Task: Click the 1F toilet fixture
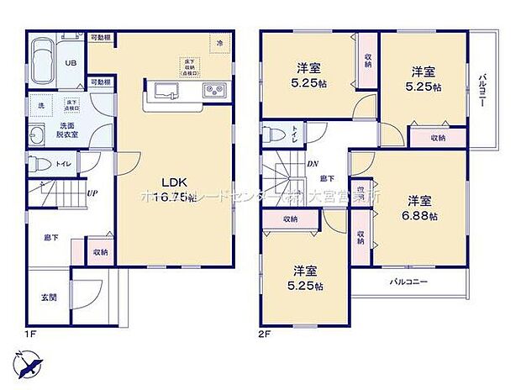(x=38, y=164)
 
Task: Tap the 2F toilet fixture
(x=273, y=134)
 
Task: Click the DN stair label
(x=311, y=164)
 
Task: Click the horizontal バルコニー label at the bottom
(x=409, y=282)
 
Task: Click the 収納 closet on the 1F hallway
(x=99, y=251)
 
